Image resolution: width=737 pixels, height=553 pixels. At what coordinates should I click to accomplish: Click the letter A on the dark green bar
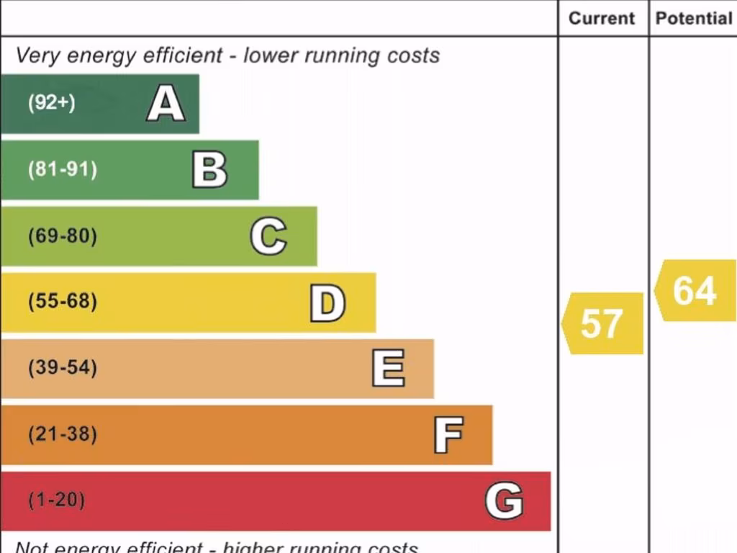coord(166,104)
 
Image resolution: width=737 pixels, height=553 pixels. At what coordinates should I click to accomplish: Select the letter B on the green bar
coord(209,171)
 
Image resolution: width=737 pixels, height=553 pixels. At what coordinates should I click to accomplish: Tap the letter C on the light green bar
coord(268,236)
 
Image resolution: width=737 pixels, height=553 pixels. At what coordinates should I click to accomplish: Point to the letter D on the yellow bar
coord(327,303)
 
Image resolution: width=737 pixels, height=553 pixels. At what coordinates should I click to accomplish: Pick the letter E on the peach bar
coord(388,368)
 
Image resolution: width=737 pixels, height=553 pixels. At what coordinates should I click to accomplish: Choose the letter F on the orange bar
coord(448,435)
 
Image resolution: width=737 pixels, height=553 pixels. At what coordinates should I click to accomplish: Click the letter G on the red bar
coord(504,501)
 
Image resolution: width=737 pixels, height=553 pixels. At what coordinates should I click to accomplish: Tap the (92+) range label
coord(51,103)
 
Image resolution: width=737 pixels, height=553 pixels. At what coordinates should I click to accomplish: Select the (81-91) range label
coord(62,171)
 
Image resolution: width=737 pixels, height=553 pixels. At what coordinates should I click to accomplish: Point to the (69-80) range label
coord(62,236)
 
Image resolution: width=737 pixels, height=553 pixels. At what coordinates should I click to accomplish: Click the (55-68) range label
coord(62,302)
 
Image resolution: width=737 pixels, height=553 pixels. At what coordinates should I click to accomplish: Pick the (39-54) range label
coord(62,368)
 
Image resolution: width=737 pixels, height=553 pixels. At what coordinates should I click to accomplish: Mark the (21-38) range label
coord(62,434)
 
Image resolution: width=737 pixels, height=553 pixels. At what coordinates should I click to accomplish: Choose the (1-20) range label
coord(56,500)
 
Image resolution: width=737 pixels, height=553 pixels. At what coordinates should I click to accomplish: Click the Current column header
coord(602,19)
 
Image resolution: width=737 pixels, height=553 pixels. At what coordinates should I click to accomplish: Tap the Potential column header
coord(693,19)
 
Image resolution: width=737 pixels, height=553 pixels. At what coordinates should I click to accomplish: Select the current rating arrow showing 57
coord(602,323)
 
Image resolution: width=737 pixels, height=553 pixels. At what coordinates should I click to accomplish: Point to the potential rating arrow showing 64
coord(695,290)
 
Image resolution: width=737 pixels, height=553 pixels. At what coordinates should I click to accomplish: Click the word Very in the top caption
coord(36,56)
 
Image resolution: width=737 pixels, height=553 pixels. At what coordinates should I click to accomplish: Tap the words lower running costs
coord(341,56)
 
